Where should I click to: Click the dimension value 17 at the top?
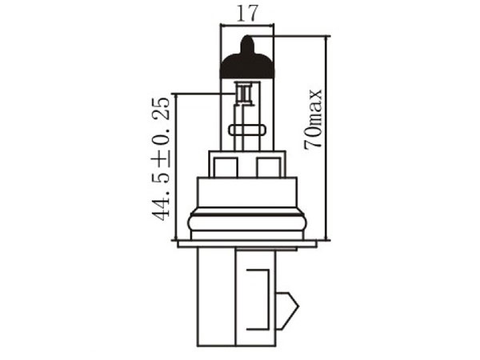pos(246,14)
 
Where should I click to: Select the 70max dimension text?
pos(313,119)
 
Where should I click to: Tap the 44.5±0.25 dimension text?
pos(161,159)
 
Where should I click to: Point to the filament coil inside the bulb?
pos(244,94)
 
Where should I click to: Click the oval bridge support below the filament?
pos(246,130)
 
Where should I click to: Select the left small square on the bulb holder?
pos(226,167)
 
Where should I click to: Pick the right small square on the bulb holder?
pos(268,167)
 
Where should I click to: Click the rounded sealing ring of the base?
pos(247,222)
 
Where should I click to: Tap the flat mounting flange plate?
pos(246,244)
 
